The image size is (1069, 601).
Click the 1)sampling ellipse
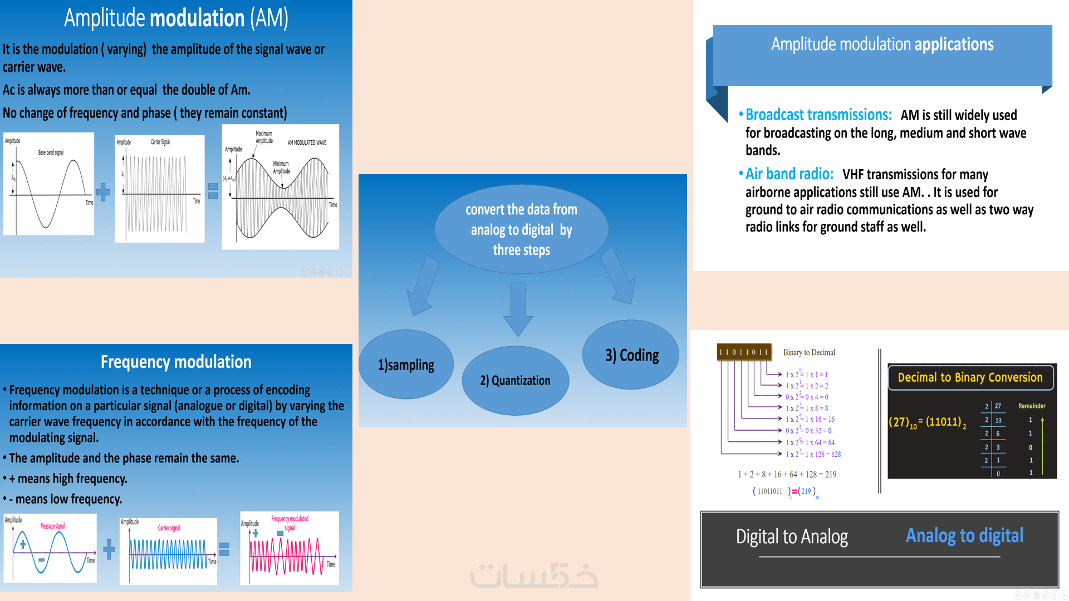click(406, 364)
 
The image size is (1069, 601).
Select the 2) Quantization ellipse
click(515, 381)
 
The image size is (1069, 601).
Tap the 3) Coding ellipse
click(631, 355)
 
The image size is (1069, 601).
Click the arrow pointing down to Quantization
click(518, 309)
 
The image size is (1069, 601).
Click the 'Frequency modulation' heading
click(176, 362)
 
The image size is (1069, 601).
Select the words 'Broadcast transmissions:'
click(818, 115)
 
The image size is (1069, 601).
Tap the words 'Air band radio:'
click(790, 174)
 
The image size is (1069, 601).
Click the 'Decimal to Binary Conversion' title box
click(970, 377)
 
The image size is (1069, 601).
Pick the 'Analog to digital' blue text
click(964, 535)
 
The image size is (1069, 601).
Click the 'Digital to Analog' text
click(792, 536)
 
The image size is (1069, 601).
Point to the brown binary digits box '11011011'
click(744, 352)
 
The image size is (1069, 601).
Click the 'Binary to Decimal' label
click(809, 352)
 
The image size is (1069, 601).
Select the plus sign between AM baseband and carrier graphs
click(103, 192)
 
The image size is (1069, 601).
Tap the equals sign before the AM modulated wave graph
click(213, 191)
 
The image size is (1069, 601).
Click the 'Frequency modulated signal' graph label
click(290, 523)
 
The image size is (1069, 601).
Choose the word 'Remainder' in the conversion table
click(1032, 406)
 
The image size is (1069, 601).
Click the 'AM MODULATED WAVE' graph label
click(307, 142)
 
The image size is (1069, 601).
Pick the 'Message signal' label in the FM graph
click(52, 526)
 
